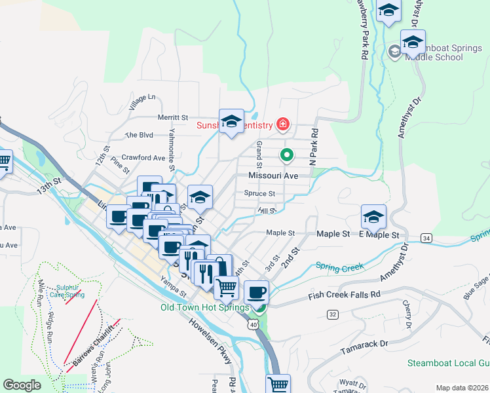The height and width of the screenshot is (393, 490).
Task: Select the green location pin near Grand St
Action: [286, 155]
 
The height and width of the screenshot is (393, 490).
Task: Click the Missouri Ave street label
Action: [273, 176]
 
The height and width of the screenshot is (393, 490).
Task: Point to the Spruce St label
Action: [259, 194]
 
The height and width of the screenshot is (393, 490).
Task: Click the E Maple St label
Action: [378, 234]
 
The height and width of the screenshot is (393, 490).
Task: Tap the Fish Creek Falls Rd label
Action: [344, 296]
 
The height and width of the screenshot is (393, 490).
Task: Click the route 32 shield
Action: [333, 315]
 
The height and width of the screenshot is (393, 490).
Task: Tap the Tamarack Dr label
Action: [365, 343]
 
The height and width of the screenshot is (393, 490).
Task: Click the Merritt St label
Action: [173, 117]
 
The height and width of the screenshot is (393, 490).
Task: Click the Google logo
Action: [22, 385]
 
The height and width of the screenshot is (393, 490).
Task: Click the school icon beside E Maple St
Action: [373, 215]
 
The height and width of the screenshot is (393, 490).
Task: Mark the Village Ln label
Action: [143, 102]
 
